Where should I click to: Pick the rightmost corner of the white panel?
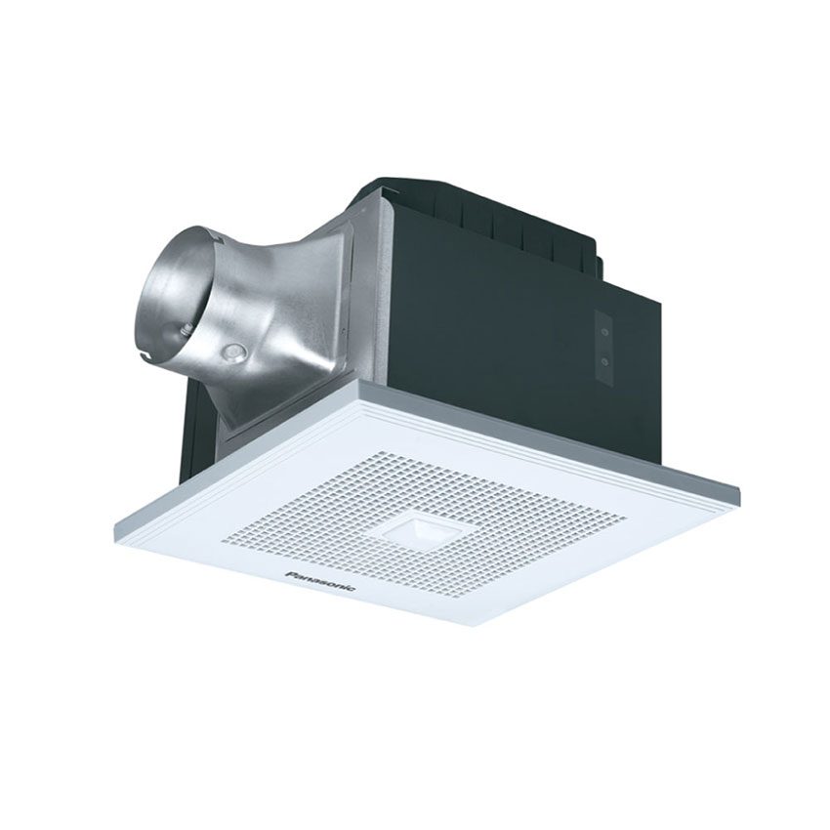[740, 485]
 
